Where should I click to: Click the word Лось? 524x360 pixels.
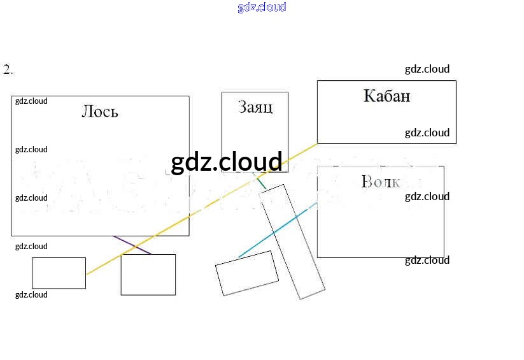point(100,112)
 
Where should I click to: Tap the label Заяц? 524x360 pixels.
point(255,106)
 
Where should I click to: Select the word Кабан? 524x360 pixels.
point(386,96)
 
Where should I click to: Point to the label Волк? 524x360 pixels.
point(380,182)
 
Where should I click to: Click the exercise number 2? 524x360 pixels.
point(8,70)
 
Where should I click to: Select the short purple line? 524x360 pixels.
point(132,245)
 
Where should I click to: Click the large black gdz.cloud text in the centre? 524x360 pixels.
point(226,162)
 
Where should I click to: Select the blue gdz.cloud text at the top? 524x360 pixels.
point(262,7)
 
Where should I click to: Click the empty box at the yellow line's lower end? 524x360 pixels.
point(59,273)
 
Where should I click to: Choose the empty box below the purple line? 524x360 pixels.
point(148,275)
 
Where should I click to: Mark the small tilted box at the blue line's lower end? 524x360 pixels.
point(246,273)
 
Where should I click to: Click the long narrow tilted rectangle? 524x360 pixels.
point(292,242)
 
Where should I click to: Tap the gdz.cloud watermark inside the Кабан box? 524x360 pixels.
point(427,133)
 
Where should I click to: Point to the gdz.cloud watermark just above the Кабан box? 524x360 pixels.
point(427,69)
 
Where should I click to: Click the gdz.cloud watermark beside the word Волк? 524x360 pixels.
point(427,196)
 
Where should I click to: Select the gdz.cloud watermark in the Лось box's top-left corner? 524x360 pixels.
point(31,101)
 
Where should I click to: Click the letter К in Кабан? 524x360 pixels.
point(369,96)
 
